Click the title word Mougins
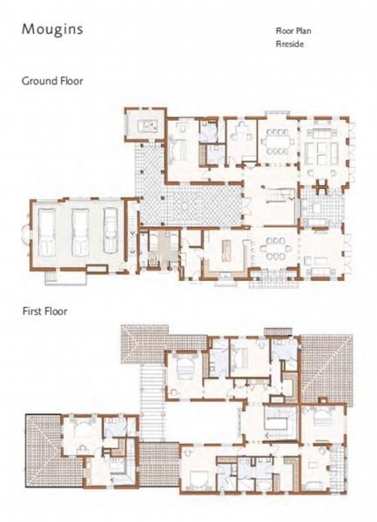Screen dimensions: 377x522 52,30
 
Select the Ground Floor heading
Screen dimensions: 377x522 52,81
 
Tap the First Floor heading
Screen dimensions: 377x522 45,311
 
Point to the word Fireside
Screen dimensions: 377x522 290,44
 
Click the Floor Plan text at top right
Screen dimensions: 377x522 293,31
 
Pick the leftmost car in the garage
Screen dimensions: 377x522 47,232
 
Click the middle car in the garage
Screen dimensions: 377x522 80,232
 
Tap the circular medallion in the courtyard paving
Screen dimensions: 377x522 185,206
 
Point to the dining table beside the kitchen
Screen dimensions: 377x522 274,248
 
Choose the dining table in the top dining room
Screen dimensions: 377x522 277,141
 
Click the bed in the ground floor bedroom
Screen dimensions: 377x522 177,151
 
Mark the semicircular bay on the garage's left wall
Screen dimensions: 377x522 26,232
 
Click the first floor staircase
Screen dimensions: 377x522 279,418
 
